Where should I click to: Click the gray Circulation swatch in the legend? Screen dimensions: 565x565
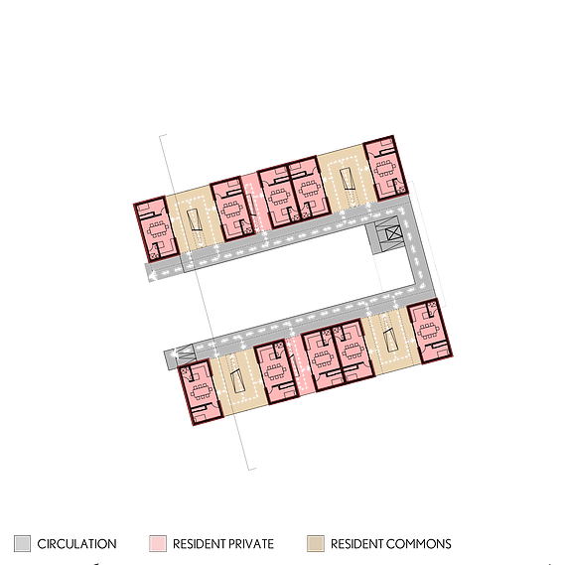pyautogui.click(x=22, y=544)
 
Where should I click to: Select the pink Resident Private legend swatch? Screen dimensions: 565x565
pyautogui.click(x=158, y=544)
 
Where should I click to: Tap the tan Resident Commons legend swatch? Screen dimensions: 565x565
pyautogui.click(x=316, y=544)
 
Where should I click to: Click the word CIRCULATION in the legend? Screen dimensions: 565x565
pyautogui.click(x=76, y=544)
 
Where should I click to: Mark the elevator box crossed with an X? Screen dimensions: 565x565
pyautogui.click(x=393, y=234)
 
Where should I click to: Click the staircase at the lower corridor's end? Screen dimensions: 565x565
pyautogui.click(x=186, y=353)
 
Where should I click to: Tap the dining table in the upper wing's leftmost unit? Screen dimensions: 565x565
pyautogui.click(x=158, y=228)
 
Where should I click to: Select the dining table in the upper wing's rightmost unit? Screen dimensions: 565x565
pyautogui.click(x=384, y=167)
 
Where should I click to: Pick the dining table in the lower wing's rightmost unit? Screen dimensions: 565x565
pyautogui.click(x=428, y=332)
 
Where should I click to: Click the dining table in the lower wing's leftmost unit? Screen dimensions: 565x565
pyautogui.click(x=201, y=391)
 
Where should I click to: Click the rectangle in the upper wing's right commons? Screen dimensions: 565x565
pyautogui.click(x=348, y=179)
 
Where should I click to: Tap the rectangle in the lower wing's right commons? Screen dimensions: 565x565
pyautogui.click(x=391, y=341)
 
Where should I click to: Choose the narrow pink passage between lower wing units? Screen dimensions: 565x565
pyautogui.click(x=301, y=365)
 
